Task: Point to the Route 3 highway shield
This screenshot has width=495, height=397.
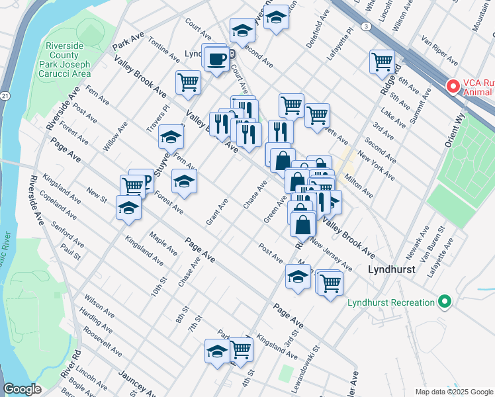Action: coord(365,26)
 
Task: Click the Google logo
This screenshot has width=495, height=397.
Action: coord(22,389)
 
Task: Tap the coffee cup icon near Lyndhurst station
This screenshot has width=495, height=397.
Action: coord(216,60)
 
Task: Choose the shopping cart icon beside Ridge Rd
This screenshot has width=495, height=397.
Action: coord(382,62)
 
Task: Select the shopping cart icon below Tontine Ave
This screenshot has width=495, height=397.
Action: coord(188,82)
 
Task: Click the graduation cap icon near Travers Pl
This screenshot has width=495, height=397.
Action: coord(171,137)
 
